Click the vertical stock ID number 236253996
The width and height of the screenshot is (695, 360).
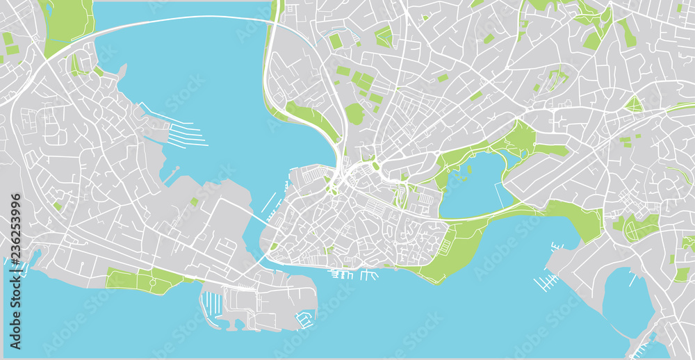(x=15, y=271)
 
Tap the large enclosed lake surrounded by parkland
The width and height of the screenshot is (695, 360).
(x=473, y=184)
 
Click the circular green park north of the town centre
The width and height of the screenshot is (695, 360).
(x=354, y=114)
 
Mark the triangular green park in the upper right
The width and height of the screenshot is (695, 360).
(x=633, y=105)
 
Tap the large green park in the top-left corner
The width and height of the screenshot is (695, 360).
(x=68, y=24)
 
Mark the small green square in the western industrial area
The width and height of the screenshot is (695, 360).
(x=195, y=202)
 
